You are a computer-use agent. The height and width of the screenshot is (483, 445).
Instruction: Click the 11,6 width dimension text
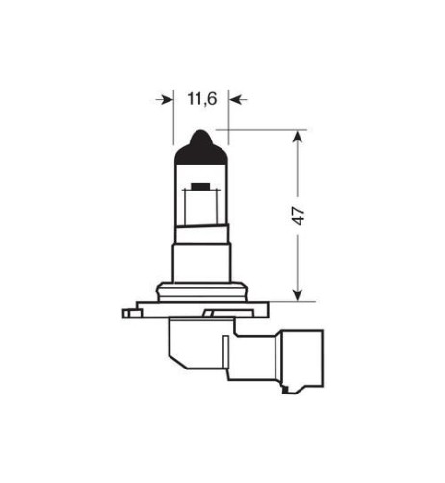[x=199, y=98]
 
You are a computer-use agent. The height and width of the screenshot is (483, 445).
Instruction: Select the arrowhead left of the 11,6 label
[x=166, y=98]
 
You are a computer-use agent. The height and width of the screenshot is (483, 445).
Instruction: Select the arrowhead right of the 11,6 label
[x=235, y=98]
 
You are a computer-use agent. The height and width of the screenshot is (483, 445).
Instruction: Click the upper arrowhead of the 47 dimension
[x=298, y=137]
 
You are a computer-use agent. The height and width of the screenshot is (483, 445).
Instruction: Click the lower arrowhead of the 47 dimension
[x=298, y=292]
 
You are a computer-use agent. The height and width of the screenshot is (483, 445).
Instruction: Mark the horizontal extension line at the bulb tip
[x=255, y=127]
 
